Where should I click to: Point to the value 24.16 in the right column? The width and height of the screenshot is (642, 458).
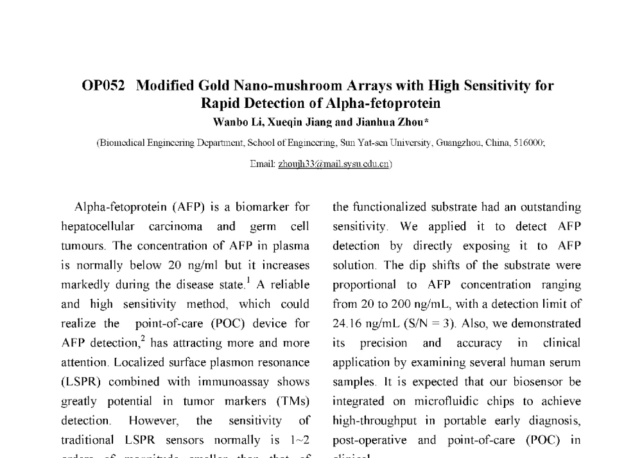347,324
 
